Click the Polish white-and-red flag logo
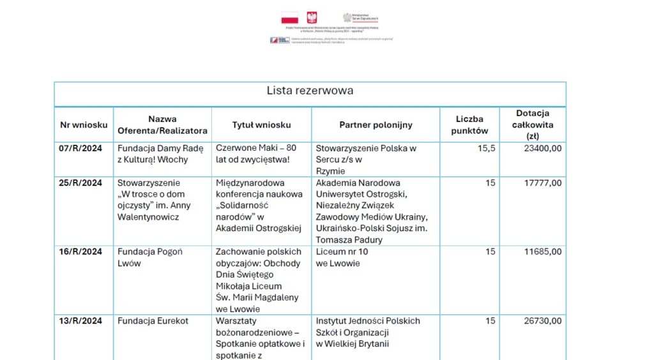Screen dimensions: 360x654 (x=289, y=18)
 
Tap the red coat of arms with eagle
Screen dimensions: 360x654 (x=312, y=18)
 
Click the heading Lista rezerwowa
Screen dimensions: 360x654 (x=310, y=91)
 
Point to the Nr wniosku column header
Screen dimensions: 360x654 (x=84, y=124)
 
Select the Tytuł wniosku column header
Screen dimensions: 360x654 (x=261, y=124)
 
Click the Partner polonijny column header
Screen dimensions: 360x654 (x=376, y=124)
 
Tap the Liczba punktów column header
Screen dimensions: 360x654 (x=469, y=124)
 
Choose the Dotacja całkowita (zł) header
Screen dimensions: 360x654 (x=533, y=124)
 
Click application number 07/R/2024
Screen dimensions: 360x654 (x=81, y=148)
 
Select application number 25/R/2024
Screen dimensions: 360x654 (x=81, y=183)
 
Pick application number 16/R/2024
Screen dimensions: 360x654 (x=81, y=251)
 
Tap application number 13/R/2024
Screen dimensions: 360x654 (x=81, y=321)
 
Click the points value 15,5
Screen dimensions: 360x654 (x=487, y=148)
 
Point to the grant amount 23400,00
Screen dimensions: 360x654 (x=543, y=148)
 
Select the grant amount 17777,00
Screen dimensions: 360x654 (x=543, y=183)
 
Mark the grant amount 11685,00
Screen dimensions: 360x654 (x=543, y=251)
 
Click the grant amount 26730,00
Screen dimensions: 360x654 (x=543, y=321)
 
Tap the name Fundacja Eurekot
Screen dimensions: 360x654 (x=153, y=321)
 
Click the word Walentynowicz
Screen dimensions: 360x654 (x=148, y=217)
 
